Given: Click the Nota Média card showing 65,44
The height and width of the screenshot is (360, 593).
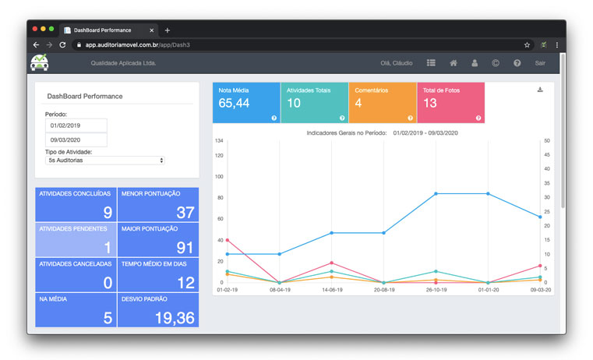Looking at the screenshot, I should click(x=246, y=103).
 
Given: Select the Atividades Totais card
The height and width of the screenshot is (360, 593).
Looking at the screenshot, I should click(x=314, y=103).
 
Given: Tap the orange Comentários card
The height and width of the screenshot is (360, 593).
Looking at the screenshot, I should click(x=382, y=103).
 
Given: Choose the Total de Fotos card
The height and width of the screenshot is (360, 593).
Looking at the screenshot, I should click(x=450, y=103).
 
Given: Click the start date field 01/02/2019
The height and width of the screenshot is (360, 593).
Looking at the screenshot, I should click(x=76, y=125).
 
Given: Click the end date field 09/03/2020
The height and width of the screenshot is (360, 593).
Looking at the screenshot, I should click(x=76, y=140).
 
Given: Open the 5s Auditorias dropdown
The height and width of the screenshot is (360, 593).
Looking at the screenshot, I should click(x=105, y=160).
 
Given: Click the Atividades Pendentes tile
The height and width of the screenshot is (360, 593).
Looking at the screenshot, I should click(x=76, y=239).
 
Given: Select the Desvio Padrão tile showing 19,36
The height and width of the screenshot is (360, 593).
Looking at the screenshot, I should click(x=158, y=310).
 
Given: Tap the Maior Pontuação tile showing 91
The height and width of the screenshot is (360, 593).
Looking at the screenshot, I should click(x=158, y=239).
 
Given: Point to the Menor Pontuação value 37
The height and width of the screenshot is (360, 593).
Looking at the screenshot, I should click(x=185, y=213).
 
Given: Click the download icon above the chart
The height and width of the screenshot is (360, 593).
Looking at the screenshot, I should click(x=540, y=90).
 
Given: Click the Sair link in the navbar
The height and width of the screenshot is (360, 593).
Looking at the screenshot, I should click(x=540, y=63).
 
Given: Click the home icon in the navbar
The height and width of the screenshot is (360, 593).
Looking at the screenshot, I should click(x=453, y=63).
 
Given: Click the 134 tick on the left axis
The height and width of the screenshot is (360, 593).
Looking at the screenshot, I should click(x=220, y=141).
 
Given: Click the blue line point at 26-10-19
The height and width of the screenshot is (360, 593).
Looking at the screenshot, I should click(x=436, y=193).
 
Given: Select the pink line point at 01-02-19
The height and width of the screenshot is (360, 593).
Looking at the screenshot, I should click(x=228, y=240).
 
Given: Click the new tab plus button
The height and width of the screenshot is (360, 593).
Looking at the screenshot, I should click(x=168, y=30).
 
